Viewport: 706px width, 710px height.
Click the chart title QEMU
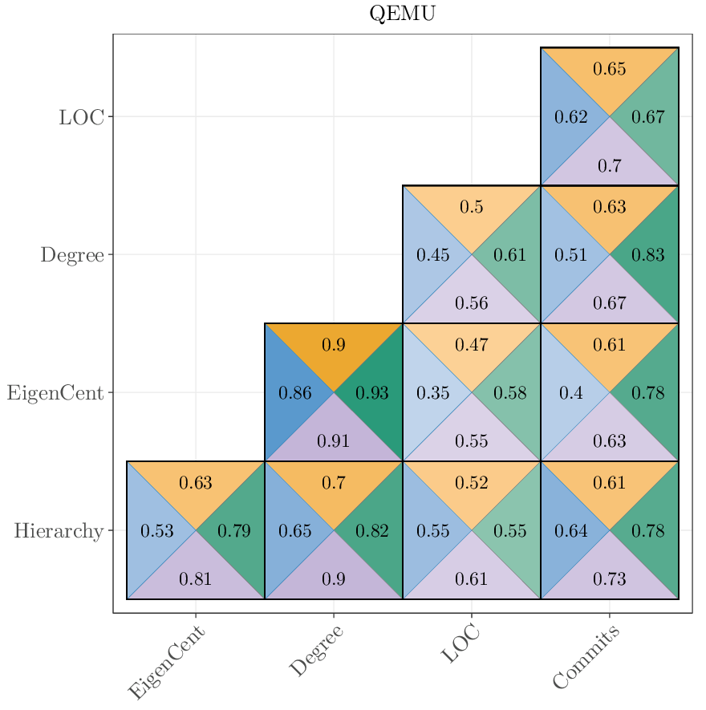click(x=402, y=14)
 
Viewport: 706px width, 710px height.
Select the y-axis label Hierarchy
click(x=59, y=531)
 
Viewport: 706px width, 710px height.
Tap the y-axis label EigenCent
click(x=55, y=393)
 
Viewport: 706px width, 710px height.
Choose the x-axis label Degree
click(x=316, y=651)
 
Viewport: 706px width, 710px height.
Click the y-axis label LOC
click(x=81, y=117)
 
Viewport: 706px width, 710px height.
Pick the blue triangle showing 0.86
click(x=294, y=393)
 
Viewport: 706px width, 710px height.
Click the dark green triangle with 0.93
click(x=372, y=393)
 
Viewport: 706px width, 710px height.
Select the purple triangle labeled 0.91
click(x=333, y=440)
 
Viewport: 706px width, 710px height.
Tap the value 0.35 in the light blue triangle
click(x=432, y=393)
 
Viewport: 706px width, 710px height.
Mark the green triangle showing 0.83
click(x=647, y=255)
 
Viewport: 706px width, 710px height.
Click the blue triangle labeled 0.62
click(x=570, y=117)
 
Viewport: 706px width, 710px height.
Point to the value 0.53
click(x=156, y=531)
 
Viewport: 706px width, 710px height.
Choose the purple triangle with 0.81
click(x=195, y=578)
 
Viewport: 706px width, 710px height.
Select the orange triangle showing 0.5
click(x=471, y=207)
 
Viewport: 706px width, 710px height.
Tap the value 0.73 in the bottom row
click(x=609, y=578)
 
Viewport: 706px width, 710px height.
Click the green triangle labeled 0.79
click(x=234, y=531)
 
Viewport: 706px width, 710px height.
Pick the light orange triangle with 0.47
click(x=471, y=345)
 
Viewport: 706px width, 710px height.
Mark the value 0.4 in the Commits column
click(x=570, y=393)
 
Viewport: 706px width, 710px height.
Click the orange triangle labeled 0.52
click(x=471, y=483)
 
